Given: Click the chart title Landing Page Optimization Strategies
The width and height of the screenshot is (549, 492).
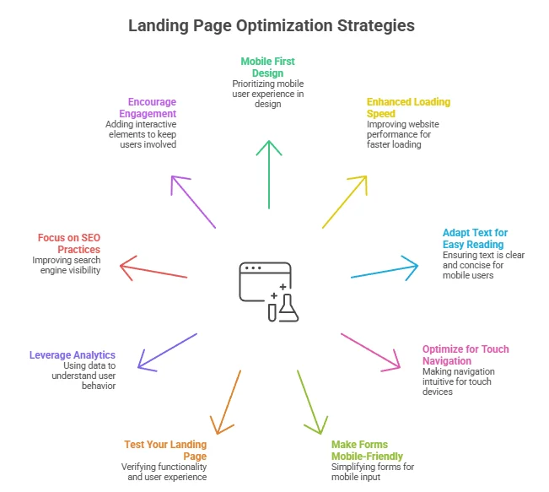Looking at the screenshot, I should click(x=272, y=25).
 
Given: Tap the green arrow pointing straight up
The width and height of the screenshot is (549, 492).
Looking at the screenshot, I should click(x=269, y=173).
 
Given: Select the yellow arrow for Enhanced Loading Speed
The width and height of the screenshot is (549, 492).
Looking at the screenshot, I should click(x=344, y=202).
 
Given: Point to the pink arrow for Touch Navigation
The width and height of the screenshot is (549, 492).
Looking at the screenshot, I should click(x=371, y=351).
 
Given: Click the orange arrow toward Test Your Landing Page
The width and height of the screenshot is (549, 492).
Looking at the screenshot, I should click(x=226, y=402).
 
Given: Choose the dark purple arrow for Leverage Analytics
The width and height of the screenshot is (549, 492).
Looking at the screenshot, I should click(x=167, y=351).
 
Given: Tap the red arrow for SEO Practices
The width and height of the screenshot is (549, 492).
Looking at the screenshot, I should click(x=153, y=271).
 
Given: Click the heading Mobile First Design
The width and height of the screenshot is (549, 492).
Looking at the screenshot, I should click(x=268, y=68).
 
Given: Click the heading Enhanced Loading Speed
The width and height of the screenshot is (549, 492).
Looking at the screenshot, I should click(x=402, y=108).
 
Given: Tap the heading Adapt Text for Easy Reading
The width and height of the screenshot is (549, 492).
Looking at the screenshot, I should click(x=475, y=239).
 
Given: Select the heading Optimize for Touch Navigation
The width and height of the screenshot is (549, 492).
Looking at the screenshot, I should click(x=466, y=355).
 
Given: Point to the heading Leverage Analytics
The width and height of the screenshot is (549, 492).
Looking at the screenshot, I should click(x=73, y=355).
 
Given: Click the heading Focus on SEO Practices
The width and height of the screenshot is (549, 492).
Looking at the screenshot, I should click(x=69, y=244).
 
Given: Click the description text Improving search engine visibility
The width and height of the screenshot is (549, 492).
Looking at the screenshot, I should click(x=67, y=265).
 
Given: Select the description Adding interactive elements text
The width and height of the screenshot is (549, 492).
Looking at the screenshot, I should click(x=142, y=134).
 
